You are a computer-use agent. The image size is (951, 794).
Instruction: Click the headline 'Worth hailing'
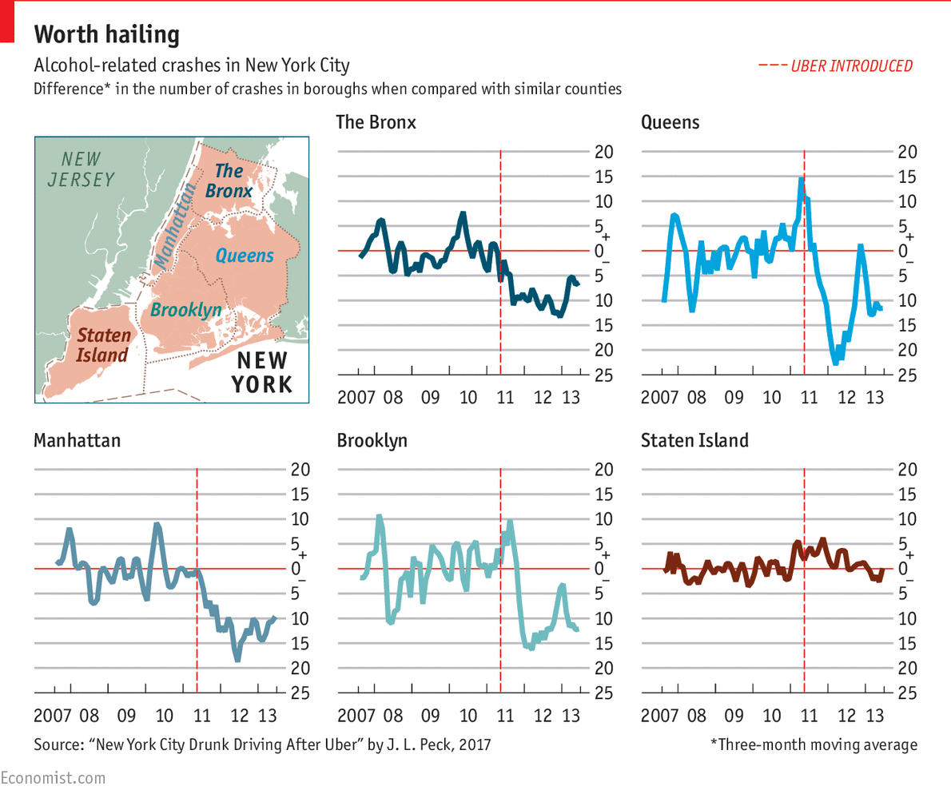pyautogui.click(x=106, y=35)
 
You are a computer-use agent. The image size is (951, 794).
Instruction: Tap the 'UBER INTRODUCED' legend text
pyautogui.click(x=851, y=66)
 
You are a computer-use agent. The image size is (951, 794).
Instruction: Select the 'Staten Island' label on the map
pyautogui.click(x=102, y=345)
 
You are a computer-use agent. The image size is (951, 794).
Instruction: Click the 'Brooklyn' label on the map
pyautogui.click(x=186, y=309)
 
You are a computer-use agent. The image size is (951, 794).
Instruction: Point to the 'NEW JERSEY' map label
pyautogui.click(x=81, y=169)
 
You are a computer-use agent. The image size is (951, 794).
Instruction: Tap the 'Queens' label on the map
pyautogui.click(x=245, y=256)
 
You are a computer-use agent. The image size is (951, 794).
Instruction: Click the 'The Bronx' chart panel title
pyautogui.click(x=376, y=122)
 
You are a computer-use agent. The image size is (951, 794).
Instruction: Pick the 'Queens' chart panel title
pyautogui.click(x=670, y=122)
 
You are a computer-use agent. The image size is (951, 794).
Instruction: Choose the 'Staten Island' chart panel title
pyautogui.click(x=694, y=440)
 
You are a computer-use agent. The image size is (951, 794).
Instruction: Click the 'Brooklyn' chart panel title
pyautogui.click(x=372, y=440)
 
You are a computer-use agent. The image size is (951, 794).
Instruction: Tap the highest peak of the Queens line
pyautogui.click(x=800, y=180)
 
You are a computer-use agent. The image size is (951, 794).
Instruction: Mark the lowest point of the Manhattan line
pyautogui.click(x=237, y=659)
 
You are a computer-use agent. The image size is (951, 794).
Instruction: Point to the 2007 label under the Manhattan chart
pyautogui.click(x=54, y=714)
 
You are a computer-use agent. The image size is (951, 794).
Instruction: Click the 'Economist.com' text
pyautogui.click(x=53, y=776)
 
